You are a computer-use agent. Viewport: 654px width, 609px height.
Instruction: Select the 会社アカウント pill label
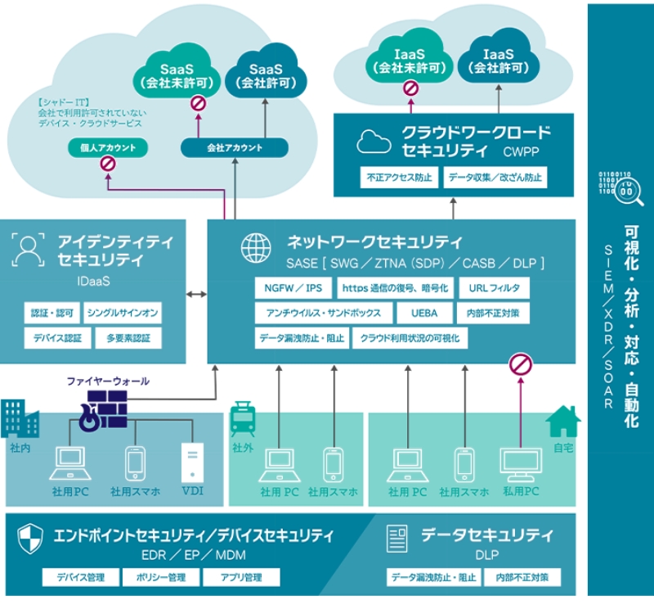pyautogui.click(x=235, y=148)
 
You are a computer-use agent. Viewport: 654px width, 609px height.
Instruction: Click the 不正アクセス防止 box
pyautogui.click(x=400, y=177)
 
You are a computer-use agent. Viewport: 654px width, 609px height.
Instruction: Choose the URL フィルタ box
pyautogui.click(x=494, y=288)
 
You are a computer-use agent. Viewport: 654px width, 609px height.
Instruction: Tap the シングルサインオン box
pyautogui.click(x=123, y=313)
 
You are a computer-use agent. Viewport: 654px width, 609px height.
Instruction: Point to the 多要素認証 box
pyautogui.click(x=123, y=337)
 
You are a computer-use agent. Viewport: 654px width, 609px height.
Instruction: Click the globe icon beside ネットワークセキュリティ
pyautogui.click(x=256, y=247)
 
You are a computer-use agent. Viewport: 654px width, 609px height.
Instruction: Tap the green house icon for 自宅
pyautogui.click(x=562, y=422)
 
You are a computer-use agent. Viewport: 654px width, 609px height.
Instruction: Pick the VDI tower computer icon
pyautogui.click(x=193, y=462)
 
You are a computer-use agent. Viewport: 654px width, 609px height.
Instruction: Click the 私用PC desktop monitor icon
pyautogui.click(x=521, y=465)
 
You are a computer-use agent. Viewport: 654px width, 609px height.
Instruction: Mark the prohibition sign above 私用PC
pyautogui.click(x=520, y=364)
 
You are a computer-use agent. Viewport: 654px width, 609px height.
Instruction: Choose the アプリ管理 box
pyautogui.click(x=241, y=577)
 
